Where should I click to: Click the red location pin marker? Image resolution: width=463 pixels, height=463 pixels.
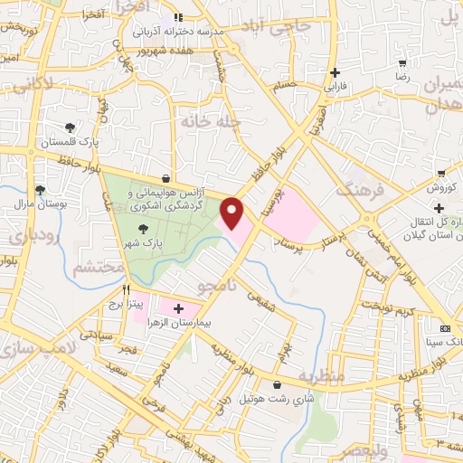[232, 213]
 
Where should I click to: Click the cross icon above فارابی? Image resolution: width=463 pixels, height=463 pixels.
[336, 72]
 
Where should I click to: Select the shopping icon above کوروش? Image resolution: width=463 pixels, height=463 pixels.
[440, 173]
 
